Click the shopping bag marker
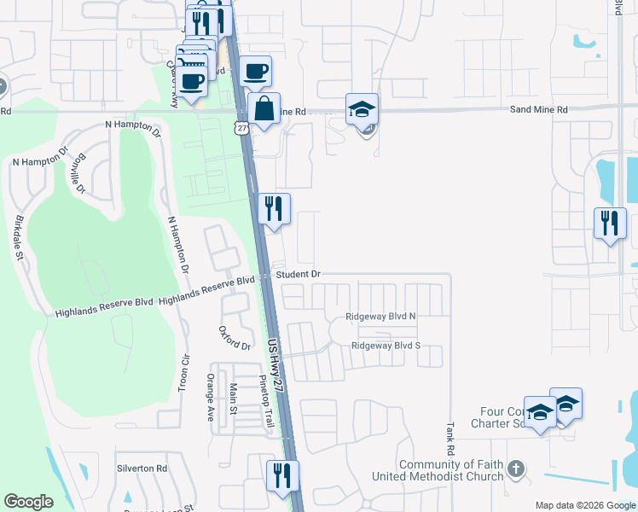[x=264, y=109]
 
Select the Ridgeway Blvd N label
[x=380, y=317]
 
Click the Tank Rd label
[x=449, y=437]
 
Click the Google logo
[x=29, y=502]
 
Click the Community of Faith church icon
[x=515, y=468]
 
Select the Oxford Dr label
[x=235, y=339]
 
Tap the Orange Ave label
[x=210, y=396]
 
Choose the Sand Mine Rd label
[x=539, y=110]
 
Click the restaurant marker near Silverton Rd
[x=281, y=474]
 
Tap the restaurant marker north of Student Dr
[x=274, y=208]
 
